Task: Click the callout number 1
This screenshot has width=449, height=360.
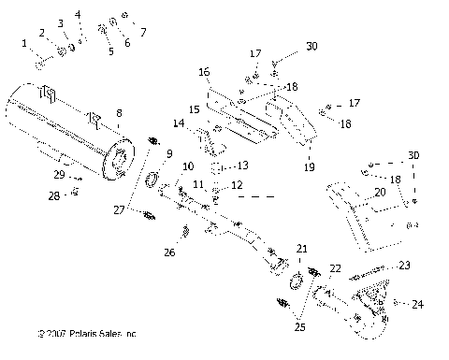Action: [24, 43]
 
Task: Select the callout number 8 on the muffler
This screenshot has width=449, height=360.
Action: [119, 113]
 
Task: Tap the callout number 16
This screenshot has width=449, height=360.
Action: [203, 71]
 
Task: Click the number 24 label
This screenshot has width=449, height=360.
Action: [417, 303]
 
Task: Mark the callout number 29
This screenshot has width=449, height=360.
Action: [59, 175]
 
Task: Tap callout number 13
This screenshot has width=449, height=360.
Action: [242, 166]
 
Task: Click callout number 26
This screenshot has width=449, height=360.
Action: [169, 252]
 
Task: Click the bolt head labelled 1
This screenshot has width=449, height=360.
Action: [41, 64]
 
